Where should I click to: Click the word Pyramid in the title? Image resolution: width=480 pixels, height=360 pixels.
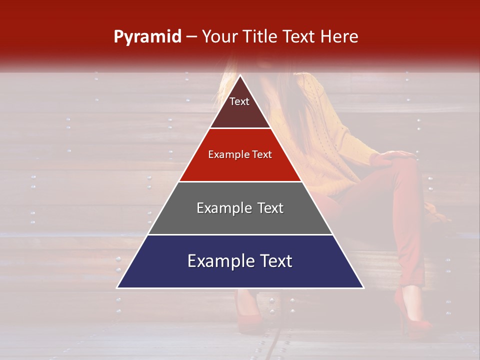point(147,37)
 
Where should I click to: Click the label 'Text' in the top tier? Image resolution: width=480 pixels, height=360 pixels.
point(239,101)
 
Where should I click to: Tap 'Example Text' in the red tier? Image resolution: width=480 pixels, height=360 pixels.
point(240,154)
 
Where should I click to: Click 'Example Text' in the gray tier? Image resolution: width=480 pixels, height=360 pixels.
point(240,208)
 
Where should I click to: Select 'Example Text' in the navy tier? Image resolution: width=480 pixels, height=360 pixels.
point(240,261)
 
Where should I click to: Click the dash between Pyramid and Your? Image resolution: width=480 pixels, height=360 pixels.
point(191,37)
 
